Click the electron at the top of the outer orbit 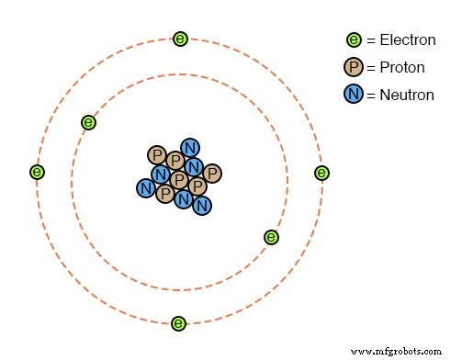(181, 39)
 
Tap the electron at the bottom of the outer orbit (179, 323)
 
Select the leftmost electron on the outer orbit (37, 172)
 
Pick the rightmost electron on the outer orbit (321, 173)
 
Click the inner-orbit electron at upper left (88, 121)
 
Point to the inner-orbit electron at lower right (271, 237)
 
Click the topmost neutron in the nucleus (190, 147)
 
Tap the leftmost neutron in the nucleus (145, 188)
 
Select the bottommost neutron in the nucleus (202, 205)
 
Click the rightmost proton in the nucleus (211, 173)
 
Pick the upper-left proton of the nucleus (157, 155)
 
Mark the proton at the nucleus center (179, 179)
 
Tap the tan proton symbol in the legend (354, 67)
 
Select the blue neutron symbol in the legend (354, 95)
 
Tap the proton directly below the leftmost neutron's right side (165, 194)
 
